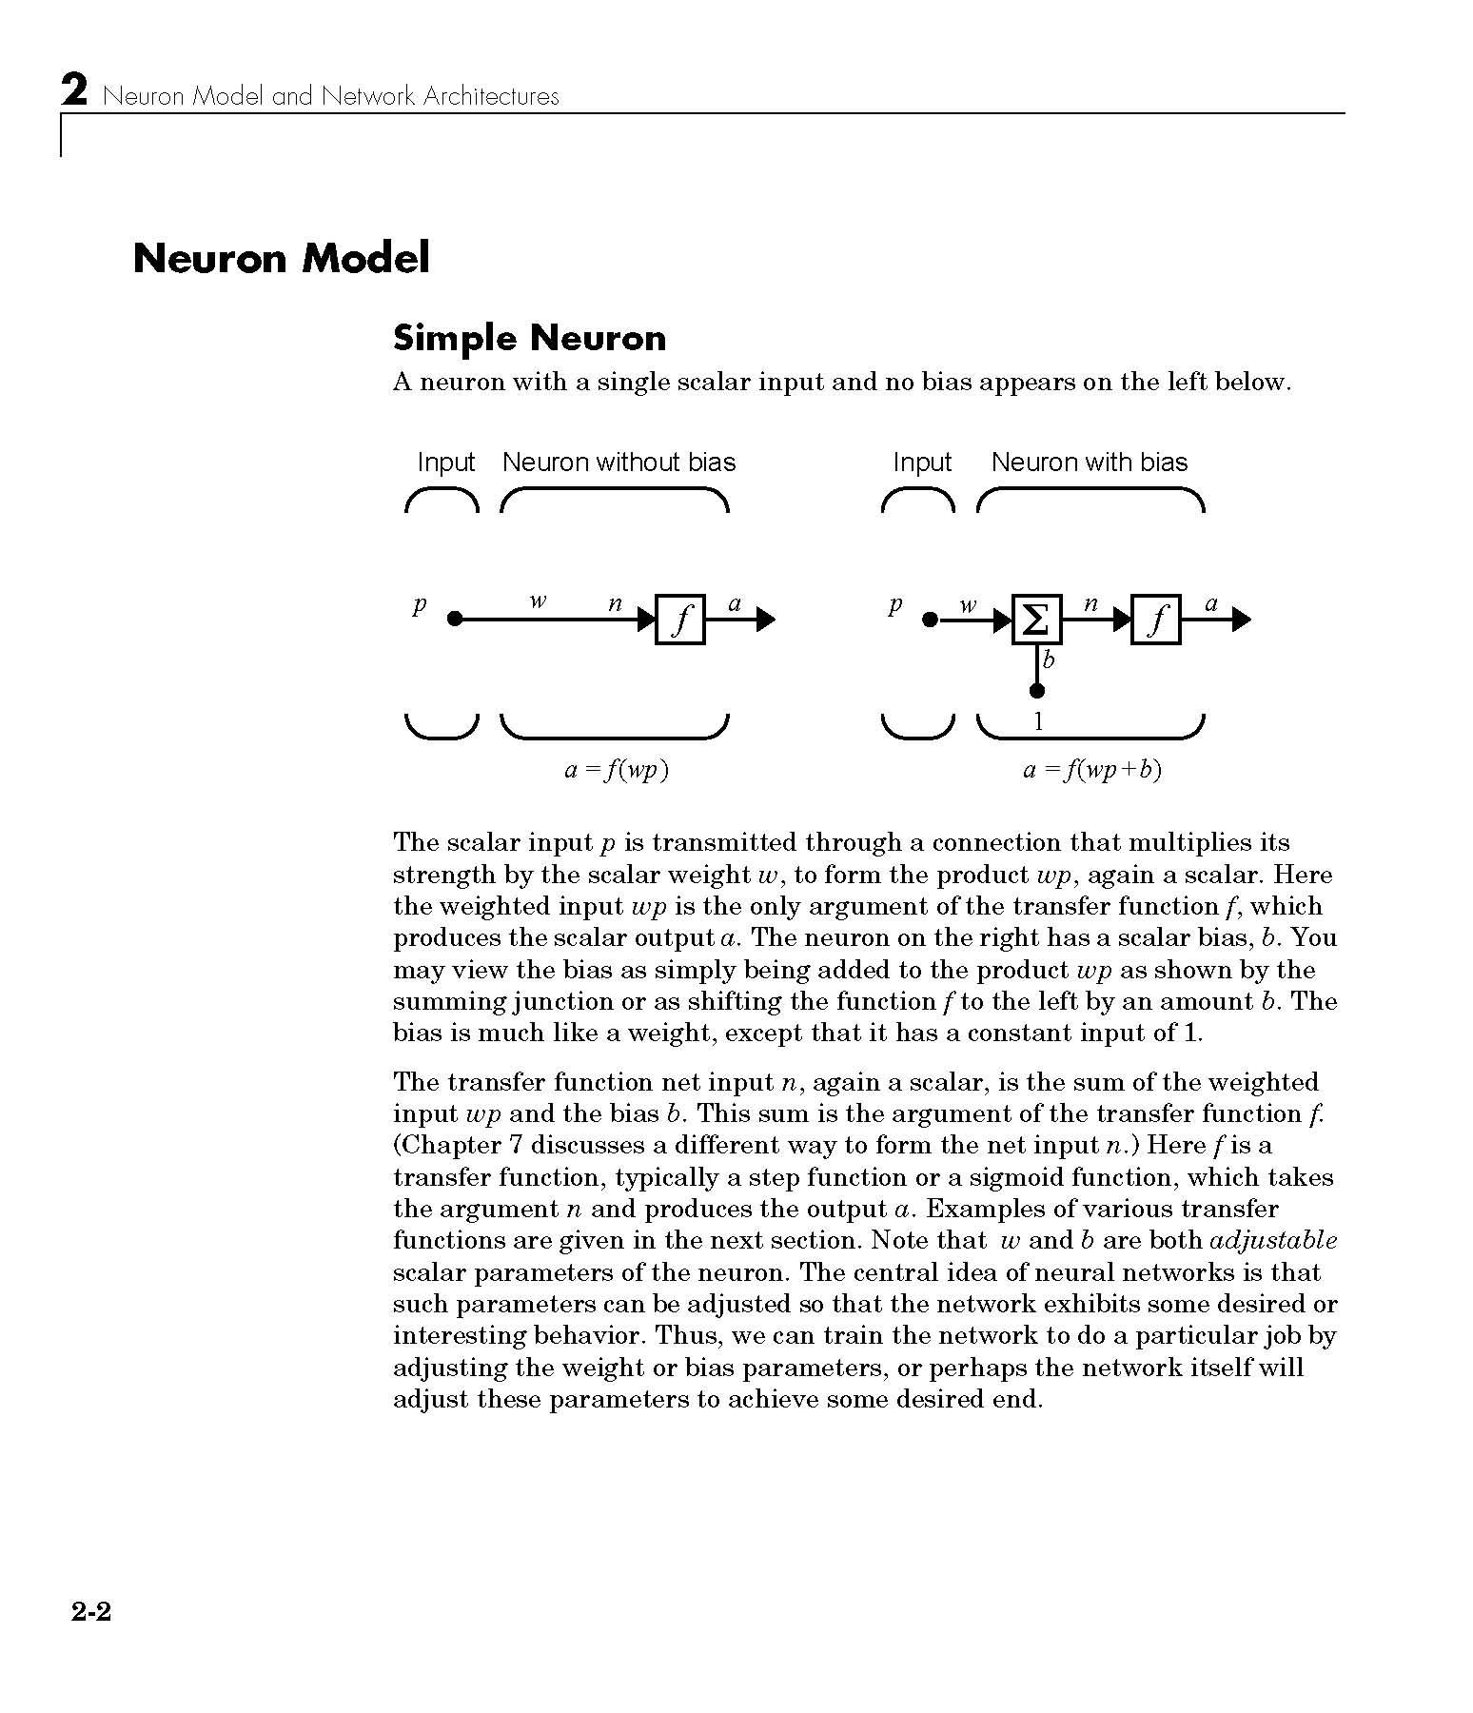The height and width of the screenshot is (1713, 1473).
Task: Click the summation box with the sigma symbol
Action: (x=1036, y=620)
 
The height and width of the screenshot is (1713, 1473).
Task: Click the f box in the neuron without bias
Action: (x=679, y=620)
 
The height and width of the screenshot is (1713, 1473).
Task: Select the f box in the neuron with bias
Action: (x=1155, y=620)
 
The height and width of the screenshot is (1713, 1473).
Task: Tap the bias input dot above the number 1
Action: (x=1037, y=691)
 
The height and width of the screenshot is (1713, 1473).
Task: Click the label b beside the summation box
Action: (x=1049, y=660)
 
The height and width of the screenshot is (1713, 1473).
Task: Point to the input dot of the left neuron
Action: (x=455, y=620)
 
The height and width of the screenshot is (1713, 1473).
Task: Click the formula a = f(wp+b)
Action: (x=1092, y=770)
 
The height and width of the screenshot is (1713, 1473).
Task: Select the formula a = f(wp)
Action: (x=617, y=770)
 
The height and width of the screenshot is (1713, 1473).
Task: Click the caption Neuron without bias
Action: (x=619, y=463)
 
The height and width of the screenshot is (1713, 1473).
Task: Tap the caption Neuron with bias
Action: (x=1089, y=463)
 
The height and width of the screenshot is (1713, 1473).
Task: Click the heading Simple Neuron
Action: (x=529, y=338)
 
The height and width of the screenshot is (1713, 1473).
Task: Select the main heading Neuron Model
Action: (x=281, y=258)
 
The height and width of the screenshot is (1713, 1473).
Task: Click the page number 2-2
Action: (x=90, y=1611)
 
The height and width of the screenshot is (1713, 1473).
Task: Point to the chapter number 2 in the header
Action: (x=74, y=93)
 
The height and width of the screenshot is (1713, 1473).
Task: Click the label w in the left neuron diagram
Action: (x=538, y=602)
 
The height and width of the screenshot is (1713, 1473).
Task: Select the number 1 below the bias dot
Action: (x=1038, y=722)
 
